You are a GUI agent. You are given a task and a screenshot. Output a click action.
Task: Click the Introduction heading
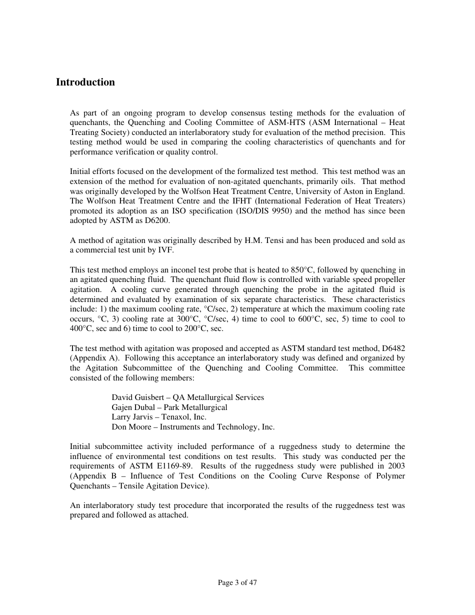[x=85, y=82]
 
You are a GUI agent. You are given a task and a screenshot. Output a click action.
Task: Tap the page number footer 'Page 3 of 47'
[x=237, y=582]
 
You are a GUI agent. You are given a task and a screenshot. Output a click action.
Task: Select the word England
[x=390, y=191]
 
